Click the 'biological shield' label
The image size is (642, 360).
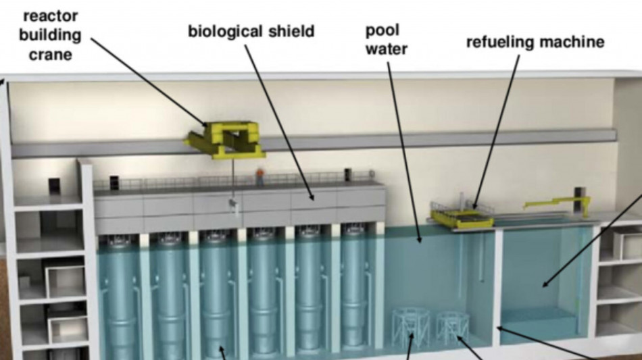point(251,32)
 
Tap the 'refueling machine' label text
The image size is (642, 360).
point(535,42)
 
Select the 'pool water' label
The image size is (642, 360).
point(386,40)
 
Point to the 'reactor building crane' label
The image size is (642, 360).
point(51,35)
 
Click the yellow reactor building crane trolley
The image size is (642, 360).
point(224,139)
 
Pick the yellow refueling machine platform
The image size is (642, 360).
point(462,215)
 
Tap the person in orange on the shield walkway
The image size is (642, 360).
point(260,176)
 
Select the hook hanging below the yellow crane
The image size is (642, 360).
point(233,205)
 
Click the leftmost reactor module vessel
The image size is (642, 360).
point(118,294)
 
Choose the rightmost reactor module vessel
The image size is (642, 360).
point(353,286)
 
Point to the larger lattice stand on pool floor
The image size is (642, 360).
point(411,328)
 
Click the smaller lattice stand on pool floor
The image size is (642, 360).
point(452,328)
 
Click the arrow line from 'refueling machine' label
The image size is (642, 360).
point(496,132)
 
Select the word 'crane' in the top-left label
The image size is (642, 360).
point(51,55)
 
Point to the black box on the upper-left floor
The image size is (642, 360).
point(55,186)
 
